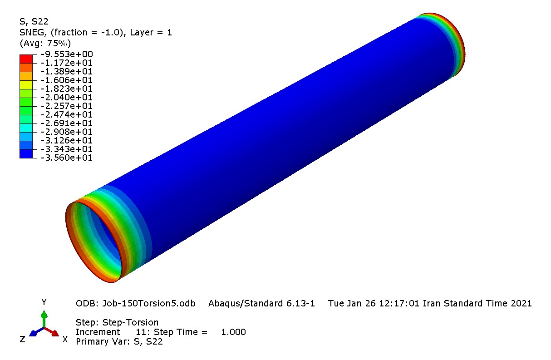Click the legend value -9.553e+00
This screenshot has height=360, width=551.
pos(67,54)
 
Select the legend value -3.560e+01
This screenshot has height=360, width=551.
pos(67,158)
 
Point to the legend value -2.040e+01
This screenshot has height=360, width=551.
pos(67,97)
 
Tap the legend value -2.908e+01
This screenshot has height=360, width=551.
pos(67,132)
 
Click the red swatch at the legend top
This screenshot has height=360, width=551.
pos(26,59)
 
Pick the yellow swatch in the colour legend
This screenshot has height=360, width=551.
pos(26,84)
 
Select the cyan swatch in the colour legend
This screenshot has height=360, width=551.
pos(26,128)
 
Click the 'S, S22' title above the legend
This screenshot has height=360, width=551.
pos(34,22)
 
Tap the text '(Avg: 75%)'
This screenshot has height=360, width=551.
pos(45,43)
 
